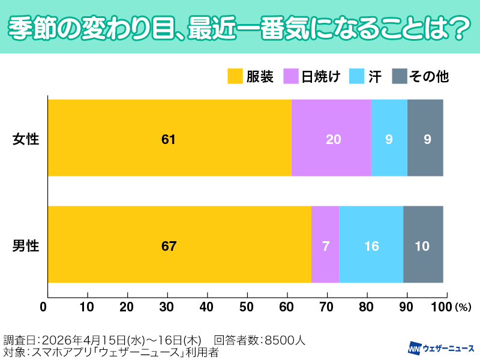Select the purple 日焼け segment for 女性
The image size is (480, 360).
pos(331,138)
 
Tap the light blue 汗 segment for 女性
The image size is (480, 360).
pos(389,138)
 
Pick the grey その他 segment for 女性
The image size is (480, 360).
pos(425,138)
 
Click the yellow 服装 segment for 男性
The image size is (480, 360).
pos(179,244)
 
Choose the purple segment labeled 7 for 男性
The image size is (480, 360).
pos(325,244)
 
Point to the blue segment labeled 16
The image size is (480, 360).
pos(371,244)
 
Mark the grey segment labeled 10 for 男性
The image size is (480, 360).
pos(423,244)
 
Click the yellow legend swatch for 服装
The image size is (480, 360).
pos(235,77)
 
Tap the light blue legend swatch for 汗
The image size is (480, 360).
pos(359,77)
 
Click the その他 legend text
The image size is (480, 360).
pos(428,77)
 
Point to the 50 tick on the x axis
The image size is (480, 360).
pos(247,307)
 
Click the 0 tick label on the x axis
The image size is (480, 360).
pos(44,307)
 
